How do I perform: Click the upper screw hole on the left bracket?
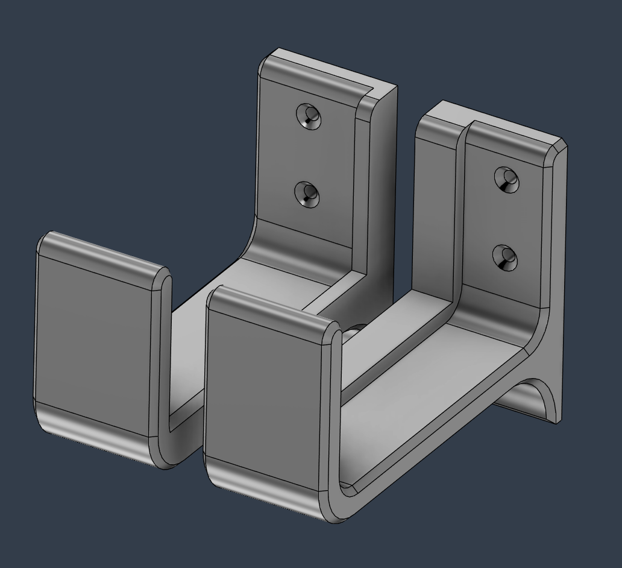pos(309,116)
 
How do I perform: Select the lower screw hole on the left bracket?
pos(307,194)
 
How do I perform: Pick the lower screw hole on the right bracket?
pos(505,259)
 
